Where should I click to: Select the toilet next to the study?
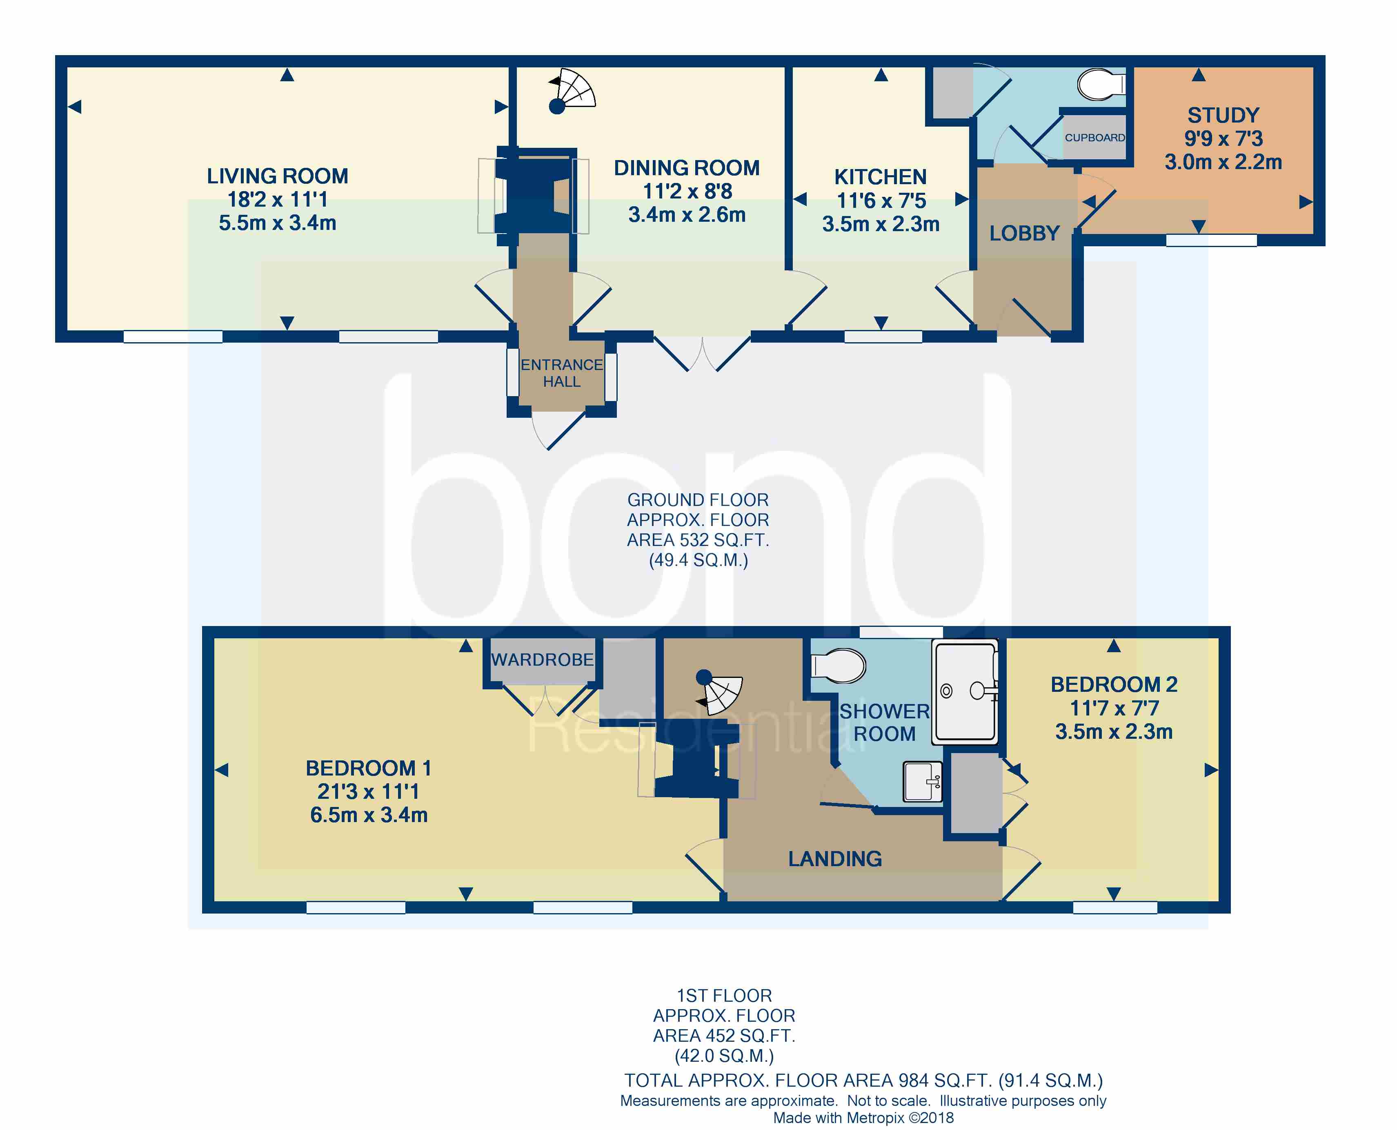point(1101,85)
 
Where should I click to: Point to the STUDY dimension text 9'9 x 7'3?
point(1223,138)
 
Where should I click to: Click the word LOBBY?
point(1024,234)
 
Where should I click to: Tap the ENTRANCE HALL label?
point(561,373)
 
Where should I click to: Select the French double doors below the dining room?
point(702,355)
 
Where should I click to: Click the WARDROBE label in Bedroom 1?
point(542,660)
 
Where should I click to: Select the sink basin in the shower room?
point(922,782)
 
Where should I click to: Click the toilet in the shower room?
point(839,665)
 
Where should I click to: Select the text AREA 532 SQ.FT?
point(698,540)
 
